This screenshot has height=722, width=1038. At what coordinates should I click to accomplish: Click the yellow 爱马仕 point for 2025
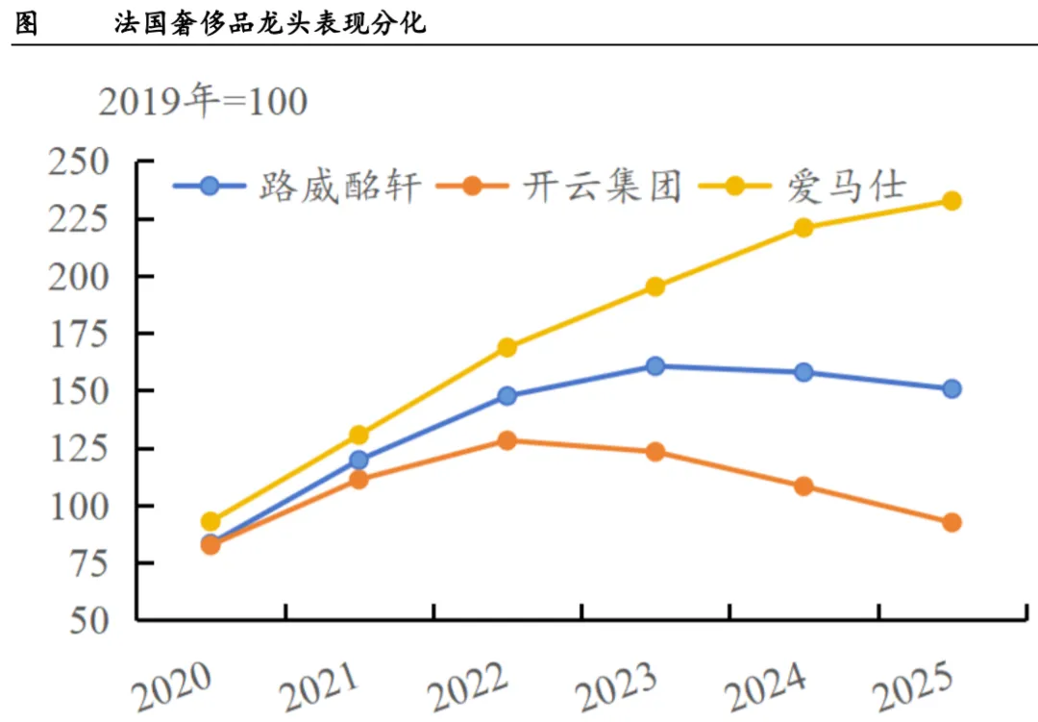(951, 201)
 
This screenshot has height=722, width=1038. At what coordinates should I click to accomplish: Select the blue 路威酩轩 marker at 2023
(655, 365)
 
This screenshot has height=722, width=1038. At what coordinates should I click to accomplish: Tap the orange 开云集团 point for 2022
(507, 440)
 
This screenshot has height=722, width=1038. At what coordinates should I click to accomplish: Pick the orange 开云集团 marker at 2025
(951, 523)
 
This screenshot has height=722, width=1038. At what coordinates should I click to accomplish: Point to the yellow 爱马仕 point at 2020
(210, 521)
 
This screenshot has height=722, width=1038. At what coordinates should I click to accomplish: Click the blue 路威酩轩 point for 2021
(358, 460)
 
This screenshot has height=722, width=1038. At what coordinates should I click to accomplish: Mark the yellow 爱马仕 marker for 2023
(655, 286)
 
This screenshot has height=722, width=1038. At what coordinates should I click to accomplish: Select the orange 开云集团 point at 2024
(803, 486)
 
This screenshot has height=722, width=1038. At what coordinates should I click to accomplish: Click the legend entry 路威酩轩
(339, 187)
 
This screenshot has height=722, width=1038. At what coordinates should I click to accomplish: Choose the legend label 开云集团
(603, 187)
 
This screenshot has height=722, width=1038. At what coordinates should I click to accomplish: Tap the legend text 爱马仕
(846, 187)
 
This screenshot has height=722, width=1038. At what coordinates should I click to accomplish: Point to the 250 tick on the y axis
(79, 162)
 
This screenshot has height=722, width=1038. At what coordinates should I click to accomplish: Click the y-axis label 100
(79, 506)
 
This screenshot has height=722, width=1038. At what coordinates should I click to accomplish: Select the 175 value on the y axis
(79, 334)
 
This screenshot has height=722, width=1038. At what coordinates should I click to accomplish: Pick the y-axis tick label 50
(89, 621)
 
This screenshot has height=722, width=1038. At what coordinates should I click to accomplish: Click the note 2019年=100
(203, 101)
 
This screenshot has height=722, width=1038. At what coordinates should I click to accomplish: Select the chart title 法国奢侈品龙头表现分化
(270, 23)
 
